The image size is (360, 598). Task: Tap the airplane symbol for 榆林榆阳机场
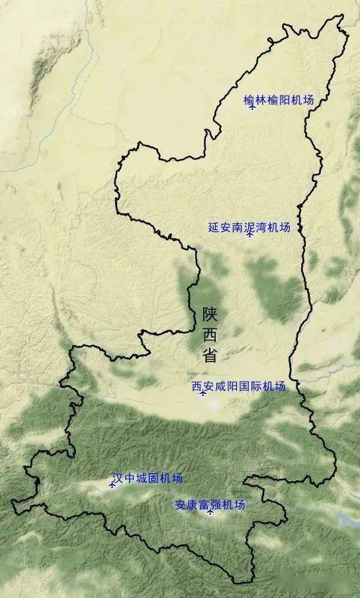coord(252,107)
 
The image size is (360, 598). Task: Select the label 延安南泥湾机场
coord(249,227)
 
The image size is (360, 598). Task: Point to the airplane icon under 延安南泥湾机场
coord(249,234)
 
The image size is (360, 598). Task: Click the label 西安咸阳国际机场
coord(238,386)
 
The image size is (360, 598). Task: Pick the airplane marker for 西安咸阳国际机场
coord(202,393)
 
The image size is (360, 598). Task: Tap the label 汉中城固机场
coord(147,478)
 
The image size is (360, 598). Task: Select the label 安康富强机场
coord(210,504)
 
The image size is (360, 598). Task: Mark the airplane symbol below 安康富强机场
coord(210,512)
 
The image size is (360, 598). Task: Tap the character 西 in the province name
coord(210,334)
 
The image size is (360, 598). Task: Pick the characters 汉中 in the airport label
coord(124,478)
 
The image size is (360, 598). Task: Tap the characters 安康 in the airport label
coord(186,504)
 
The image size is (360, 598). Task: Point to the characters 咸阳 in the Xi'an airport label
coord(226,386)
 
